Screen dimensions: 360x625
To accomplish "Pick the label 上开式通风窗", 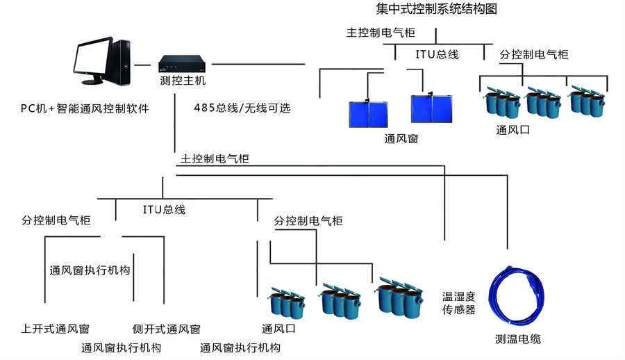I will coord(55,329).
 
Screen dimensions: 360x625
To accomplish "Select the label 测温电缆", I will coord(517,339).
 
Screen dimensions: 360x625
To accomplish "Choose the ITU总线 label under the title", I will coord(437,54).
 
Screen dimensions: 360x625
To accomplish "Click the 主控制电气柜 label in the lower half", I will coord(215,158).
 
